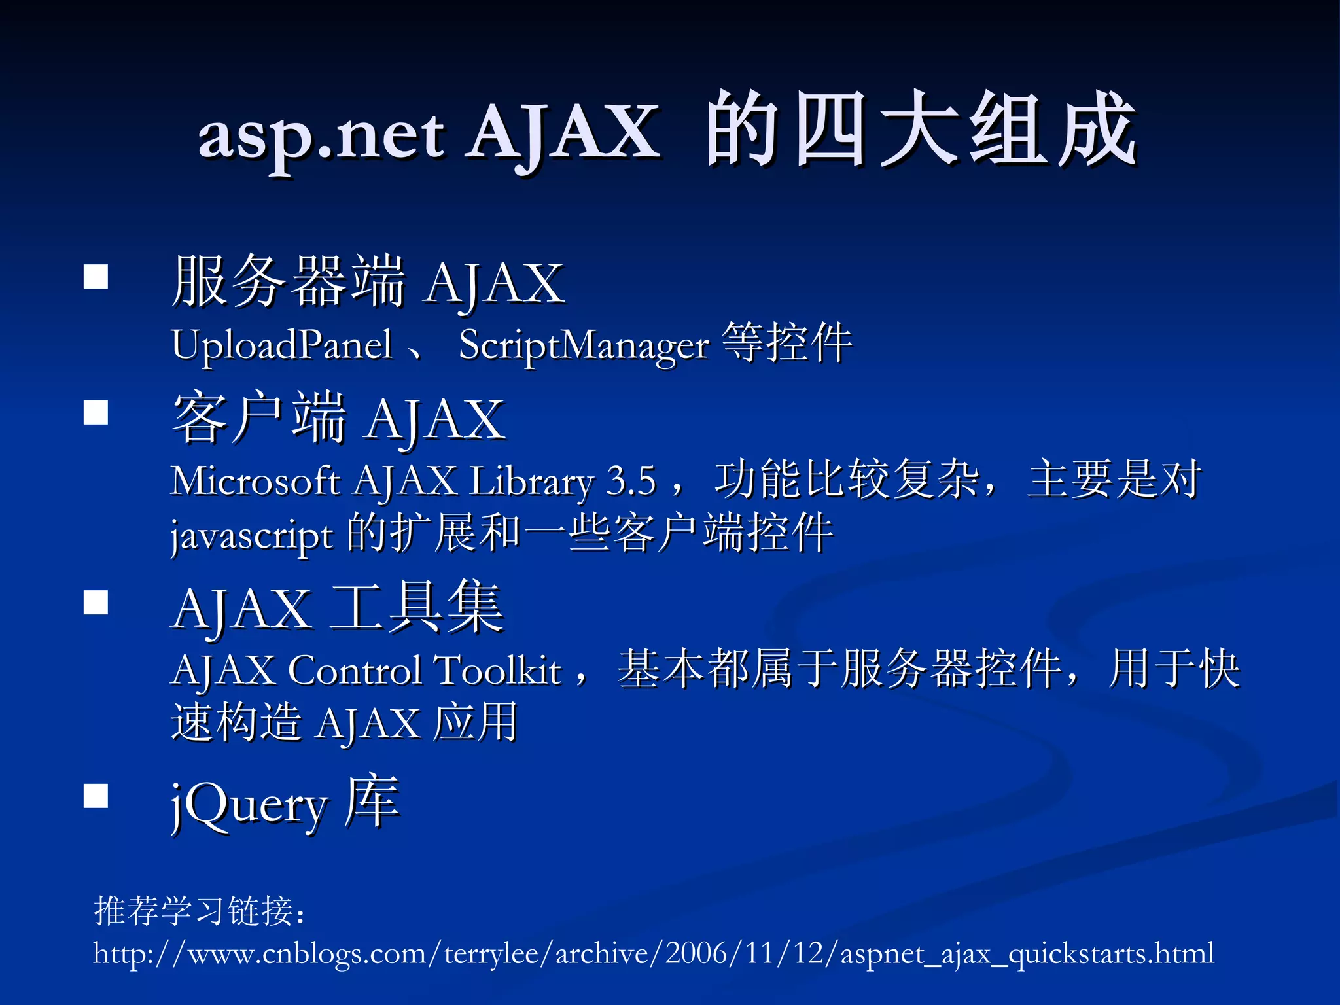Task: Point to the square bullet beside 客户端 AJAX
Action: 96,413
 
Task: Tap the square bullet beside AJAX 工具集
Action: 96,603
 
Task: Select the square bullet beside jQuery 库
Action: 96,796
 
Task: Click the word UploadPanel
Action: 281,345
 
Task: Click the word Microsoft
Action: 255,481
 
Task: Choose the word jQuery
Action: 249,805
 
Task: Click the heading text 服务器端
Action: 288,281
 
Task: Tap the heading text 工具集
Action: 417,607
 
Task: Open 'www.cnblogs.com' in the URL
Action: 308,953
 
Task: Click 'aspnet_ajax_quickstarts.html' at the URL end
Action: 1027,953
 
